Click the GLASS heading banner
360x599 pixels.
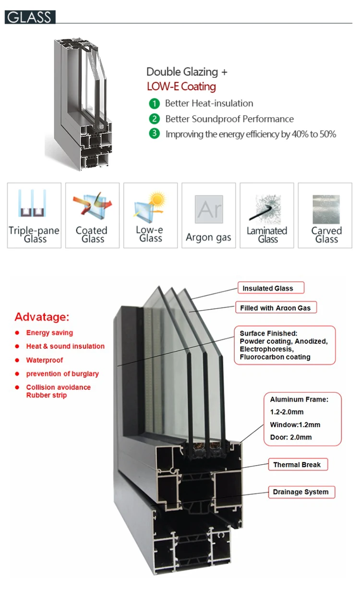click(30, 17)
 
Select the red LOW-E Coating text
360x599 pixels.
click(181, 87)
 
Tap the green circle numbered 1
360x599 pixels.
click(154, 103)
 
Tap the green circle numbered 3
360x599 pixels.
click(154, 134)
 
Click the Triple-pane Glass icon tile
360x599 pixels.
click(34, 216)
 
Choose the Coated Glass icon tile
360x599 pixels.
click(92, 216)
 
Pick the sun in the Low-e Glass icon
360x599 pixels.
click(156, 198)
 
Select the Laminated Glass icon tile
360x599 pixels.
click(266, 216)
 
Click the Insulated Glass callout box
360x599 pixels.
click(271, 288)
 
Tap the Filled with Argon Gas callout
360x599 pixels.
click(276, 308)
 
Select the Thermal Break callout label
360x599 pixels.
click(297, 465)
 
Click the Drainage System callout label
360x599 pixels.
click(300, 492)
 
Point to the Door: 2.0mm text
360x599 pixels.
click(291, 437)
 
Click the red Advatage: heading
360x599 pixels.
click(42, 317)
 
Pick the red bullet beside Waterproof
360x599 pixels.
click(17, 360)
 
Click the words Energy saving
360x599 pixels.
click(49, 333)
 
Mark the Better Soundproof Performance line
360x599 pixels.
click(229, 119)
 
